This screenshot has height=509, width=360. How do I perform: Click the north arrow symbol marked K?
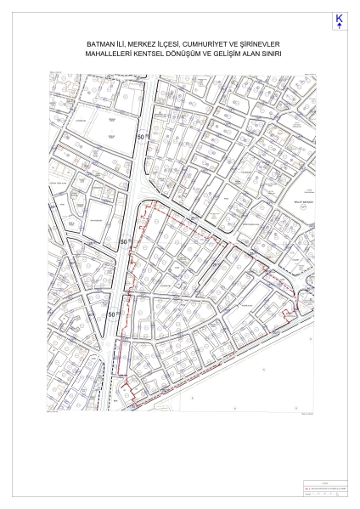pyautogui.click(x=340, y=21)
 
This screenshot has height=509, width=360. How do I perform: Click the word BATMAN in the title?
pyautogui.click(x=101, y=42)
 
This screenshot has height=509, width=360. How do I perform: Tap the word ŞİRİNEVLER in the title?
pyautogui.click(x=273, y=42)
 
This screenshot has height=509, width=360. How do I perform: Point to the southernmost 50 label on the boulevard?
pyautogui.click(x=112, y=313)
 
